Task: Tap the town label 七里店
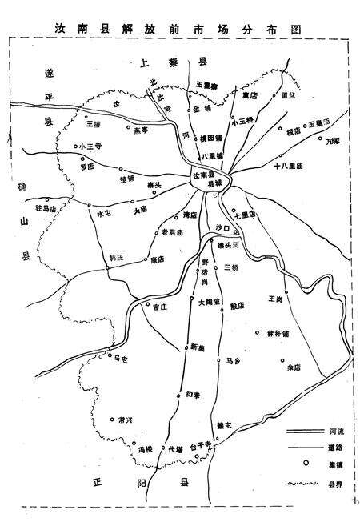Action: [x=244, y=213]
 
